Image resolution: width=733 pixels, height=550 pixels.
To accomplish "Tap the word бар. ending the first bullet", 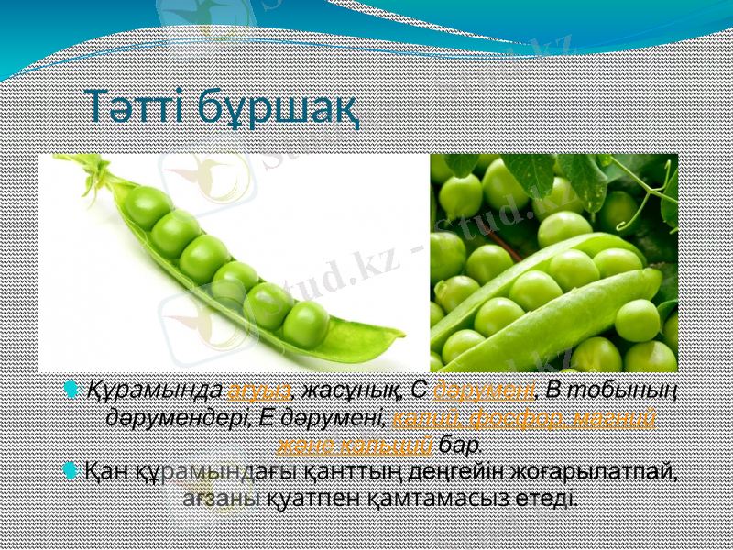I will (x=460, y=445).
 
